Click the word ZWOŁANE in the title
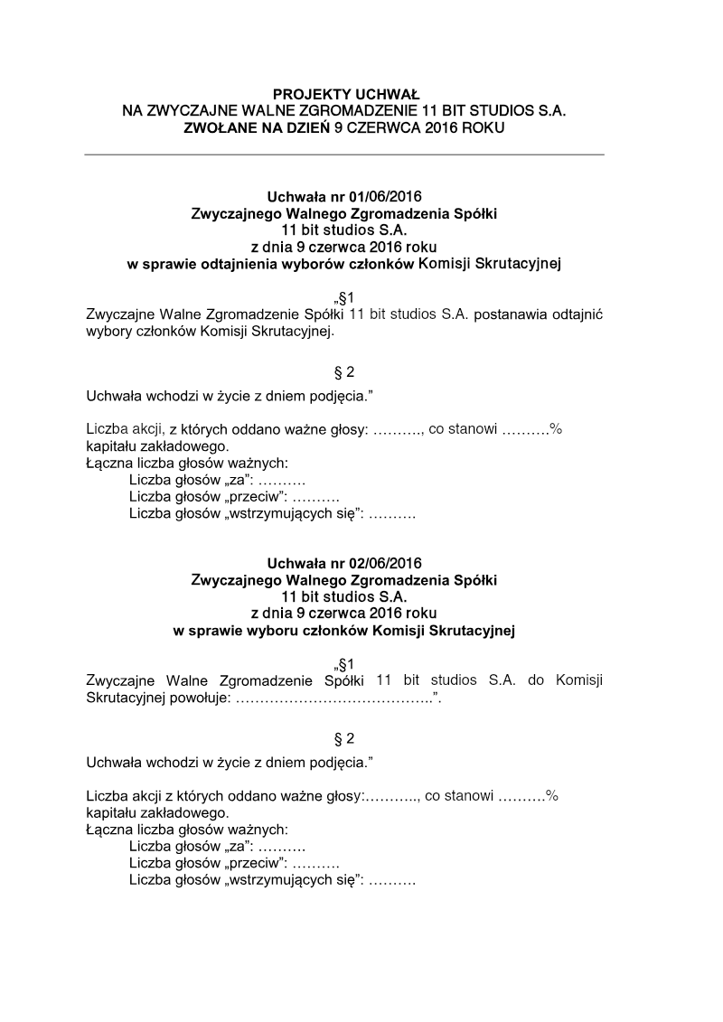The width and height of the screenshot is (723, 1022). tap(213, 128)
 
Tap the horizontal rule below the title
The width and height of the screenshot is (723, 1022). tap(344, 155)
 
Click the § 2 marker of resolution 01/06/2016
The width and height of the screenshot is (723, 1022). tap(344, 371)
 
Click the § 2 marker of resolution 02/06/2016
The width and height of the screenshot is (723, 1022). tap(344, 738)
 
